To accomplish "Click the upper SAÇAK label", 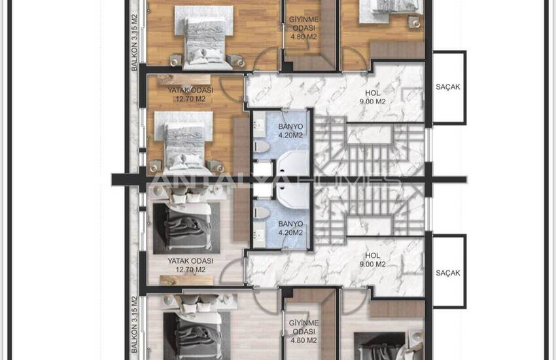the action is [x=448, y=87].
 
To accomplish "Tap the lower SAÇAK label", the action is [x=448, y=273].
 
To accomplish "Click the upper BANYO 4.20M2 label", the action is [x=290, y=131].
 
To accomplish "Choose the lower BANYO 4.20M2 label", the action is [x=290, y=228].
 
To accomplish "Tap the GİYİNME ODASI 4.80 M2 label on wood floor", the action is [x=304, y=27].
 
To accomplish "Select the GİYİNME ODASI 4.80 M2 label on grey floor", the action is [x=304, y=332].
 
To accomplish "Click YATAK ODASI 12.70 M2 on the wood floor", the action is [x=190, y=95].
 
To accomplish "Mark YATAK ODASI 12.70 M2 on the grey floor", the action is [x=190, y=265].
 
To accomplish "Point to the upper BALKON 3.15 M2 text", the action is [x=134, y=43].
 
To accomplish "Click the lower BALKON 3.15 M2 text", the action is [x=134, y=325].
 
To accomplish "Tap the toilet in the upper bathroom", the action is [x=262, y=146].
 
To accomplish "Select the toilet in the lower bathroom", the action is [x=262, y=212].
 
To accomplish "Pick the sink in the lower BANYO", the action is [x=259, y=235].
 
